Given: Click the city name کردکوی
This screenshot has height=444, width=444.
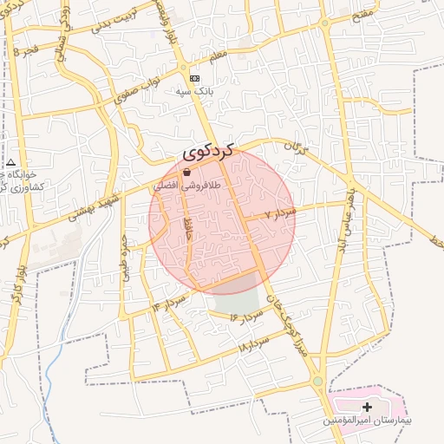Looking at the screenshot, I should click(209, 152).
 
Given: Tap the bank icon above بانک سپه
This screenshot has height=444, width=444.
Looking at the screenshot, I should click(194, 78).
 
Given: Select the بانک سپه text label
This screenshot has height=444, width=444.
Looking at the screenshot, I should click(194, 90).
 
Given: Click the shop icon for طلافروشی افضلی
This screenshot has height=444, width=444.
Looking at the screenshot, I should click(186, 173).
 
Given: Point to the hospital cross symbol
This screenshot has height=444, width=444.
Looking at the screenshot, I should click(367, 407).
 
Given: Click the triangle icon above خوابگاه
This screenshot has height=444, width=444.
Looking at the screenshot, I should click(10, 162).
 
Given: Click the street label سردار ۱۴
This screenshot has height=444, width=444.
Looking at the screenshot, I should click(169, 303).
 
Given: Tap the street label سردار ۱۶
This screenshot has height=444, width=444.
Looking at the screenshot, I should click(246, 316).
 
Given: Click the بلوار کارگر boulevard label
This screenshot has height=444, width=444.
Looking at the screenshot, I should click(16, 283).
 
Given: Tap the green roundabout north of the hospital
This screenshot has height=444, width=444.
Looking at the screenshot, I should click(318, 381).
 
